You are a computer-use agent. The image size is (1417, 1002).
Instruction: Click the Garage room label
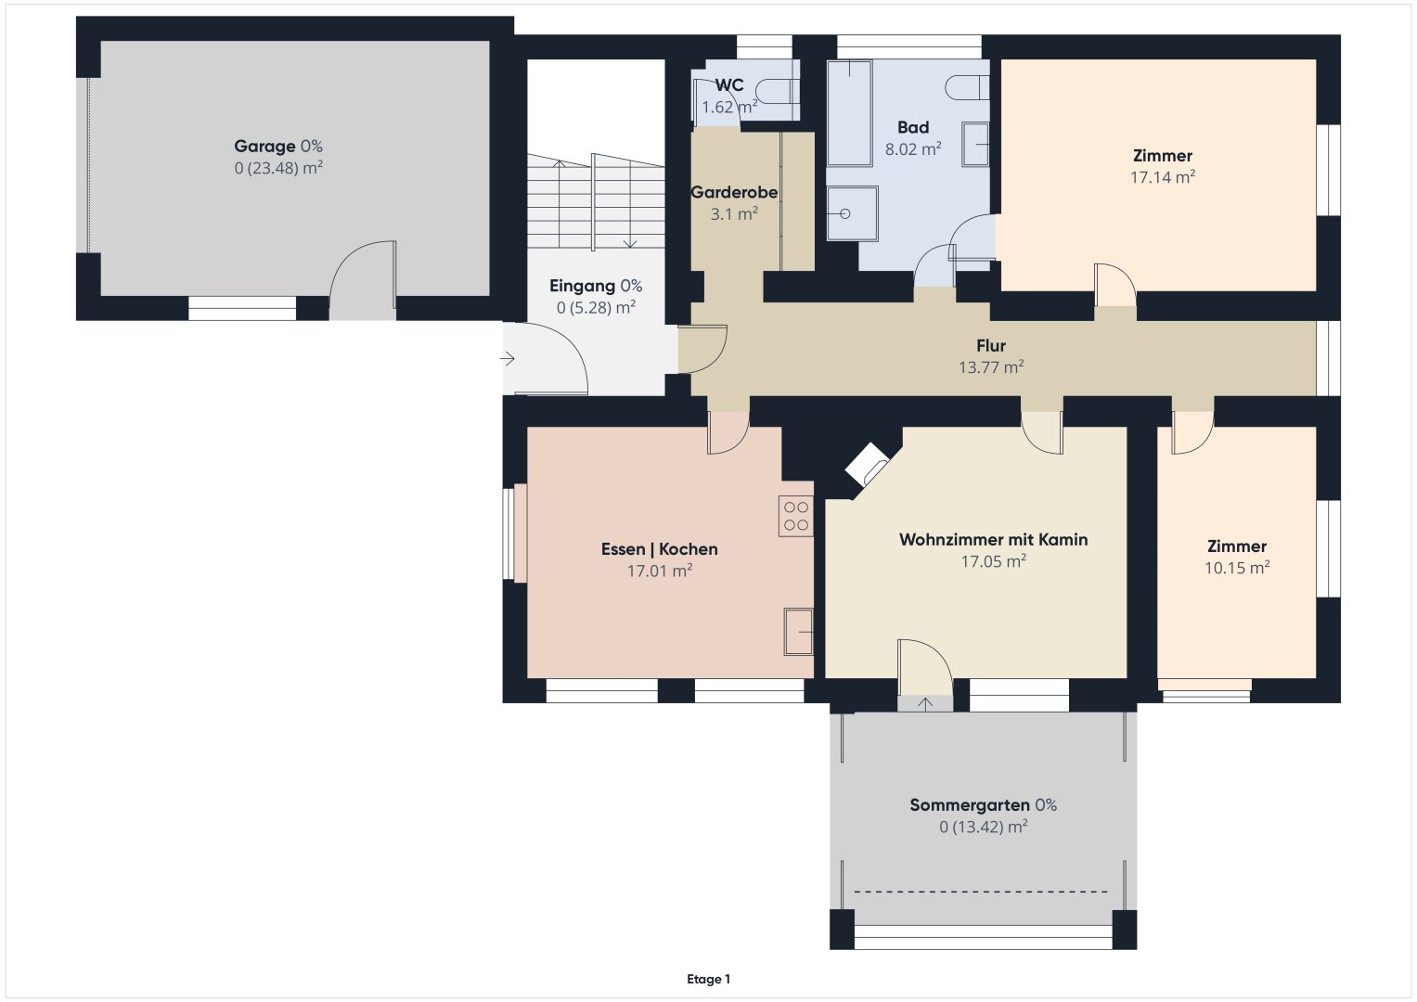tap(264, 147)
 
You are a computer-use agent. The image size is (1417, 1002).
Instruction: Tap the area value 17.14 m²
tap(1163, 177)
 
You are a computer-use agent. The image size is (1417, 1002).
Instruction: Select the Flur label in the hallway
tap(991, 345)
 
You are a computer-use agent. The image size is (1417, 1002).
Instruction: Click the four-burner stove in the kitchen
tap(796, 516)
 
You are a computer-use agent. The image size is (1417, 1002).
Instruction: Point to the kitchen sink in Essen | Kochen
tap(798, 631)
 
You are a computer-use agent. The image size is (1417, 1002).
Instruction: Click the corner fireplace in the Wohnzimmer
tap(867, 464)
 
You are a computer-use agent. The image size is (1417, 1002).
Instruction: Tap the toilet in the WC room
tap(778, 91)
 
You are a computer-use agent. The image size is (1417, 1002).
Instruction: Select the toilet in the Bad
tap(967, 87)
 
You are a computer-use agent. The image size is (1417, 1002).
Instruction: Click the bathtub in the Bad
tap(850, 113)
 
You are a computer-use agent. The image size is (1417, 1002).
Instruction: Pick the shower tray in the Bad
tap(852, 213)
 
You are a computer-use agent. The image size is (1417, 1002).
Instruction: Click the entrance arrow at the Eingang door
tap(508, 359)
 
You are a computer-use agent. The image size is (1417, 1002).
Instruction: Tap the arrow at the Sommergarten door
tap(925, 704)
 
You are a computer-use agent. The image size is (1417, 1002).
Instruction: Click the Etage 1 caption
tap(709, 979)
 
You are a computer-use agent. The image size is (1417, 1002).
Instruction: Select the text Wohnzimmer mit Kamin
tap(993, 540)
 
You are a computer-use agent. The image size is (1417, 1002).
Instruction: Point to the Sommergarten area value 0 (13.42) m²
tap(983, 827)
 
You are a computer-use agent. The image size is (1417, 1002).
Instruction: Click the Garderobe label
tap(734, 192)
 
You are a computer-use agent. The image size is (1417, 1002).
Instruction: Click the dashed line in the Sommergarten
tap(981, 892)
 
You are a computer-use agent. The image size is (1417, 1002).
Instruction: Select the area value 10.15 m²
tap(1237, 568)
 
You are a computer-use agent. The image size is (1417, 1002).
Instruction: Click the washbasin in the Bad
tap(975, 144)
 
